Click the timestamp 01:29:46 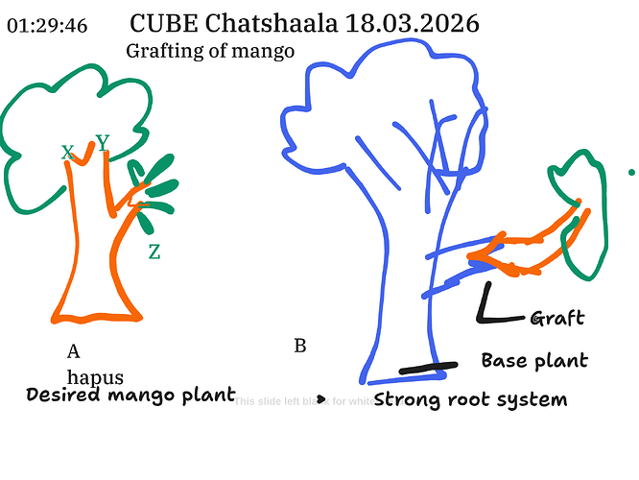click(47, 26)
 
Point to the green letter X click(67, 153)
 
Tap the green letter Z click(154, 252)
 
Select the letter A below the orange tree click(73, 350)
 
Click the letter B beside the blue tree click(299, 346)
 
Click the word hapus click(95, 376)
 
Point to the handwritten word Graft click(556, 319)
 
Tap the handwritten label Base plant click(533, 361)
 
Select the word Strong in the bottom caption click(407, 399)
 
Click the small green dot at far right click(630, 173)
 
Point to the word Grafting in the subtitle click(162, 51)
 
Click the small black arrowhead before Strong click(322, 397)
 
